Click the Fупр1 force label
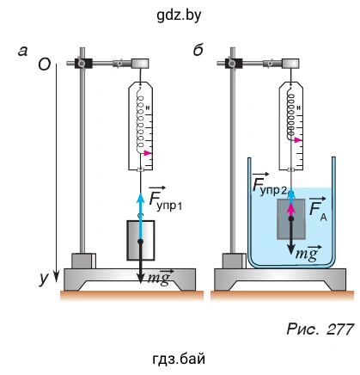point(166,199)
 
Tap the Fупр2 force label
point(269,184)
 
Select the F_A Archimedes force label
point(318,209)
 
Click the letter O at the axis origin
point(45,65)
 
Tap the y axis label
point(44,278)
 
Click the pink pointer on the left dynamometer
point(148,153)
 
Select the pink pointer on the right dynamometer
point(298,140)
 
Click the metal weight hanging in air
point(141,240)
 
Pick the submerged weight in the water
point(291,219)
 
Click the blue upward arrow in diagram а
point(140,217)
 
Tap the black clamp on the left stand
point(83,63)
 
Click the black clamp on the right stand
point(234,63)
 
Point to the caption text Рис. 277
point(320,329)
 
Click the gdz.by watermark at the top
point(179,15)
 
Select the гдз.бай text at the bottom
point(179,359)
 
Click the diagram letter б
point(198,51)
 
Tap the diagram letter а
point(22,52)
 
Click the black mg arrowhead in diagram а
point(140,278)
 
